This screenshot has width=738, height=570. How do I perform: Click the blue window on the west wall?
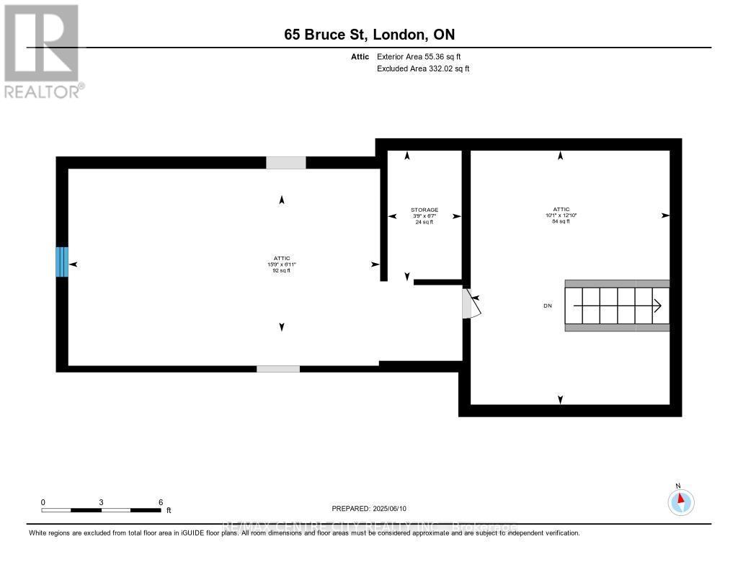point(62,262)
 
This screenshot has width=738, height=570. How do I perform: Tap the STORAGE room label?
point(424,210)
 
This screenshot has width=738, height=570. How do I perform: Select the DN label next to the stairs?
point(548,306)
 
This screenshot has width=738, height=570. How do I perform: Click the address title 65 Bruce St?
point(368,35)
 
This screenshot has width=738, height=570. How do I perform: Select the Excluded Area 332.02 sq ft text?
point(423,69)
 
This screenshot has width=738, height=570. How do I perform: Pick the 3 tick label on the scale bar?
point(102,502)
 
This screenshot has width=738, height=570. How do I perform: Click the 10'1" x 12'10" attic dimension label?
point(560,215)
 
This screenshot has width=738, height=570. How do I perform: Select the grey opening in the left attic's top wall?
point(285,163)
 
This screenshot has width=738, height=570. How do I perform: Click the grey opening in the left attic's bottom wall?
point(278,369)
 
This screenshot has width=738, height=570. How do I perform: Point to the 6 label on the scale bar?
point(161,502)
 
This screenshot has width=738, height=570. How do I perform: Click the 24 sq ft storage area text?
point(424,221)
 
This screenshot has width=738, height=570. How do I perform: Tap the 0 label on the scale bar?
point(43,502)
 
